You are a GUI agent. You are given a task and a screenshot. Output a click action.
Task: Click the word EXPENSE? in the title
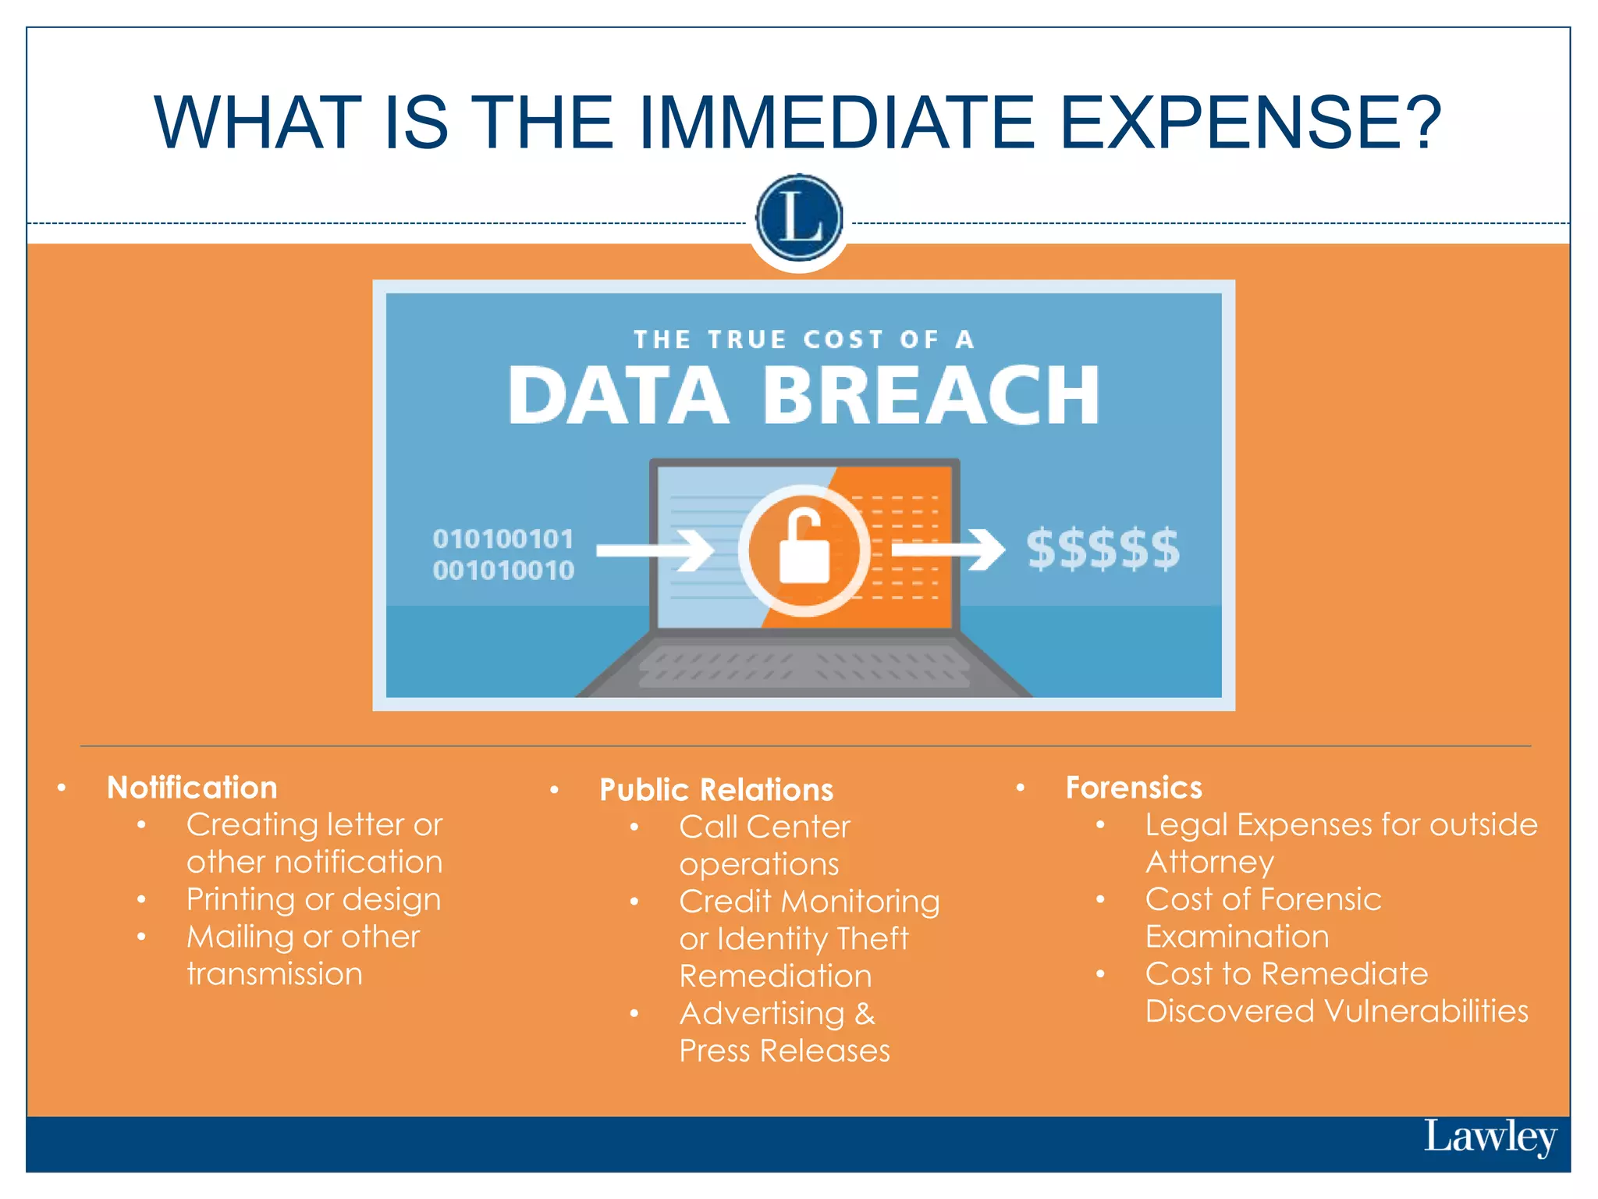(x=1251, y=123)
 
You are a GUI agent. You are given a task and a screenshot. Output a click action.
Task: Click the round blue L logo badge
(x=799, y=218)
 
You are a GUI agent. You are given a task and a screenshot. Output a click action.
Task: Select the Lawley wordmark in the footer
(x=1490, y=1137)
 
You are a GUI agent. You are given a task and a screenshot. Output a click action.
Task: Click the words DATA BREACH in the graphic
(x=804, y=396)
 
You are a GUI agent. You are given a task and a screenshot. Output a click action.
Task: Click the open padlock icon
(x=804, y=547)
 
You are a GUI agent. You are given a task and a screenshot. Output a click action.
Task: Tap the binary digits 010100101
(x=503, y=539)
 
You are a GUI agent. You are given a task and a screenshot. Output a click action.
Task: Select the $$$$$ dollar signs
(x=1103, y=549)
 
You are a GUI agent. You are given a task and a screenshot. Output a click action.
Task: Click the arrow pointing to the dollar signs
(x=948, y=550)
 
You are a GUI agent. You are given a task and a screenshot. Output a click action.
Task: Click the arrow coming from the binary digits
(x=655, y=550)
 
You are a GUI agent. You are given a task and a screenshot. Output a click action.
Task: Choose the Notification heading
(x=192, y=788)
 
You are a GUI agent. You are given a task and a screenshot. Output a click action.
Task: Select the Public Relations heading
(x=716, y=790)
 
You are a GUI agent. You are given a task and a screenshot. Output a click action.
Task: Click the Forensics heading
(x=1134, y=788)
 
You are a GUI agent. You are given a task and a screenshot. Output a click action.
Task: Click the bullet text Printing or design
(x=314, y=899)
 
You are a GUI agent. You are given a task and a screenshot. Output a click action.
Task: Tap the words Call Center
(x=764, y=827)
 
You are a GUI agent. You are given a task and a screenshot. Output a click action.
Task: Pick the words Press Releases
(x=784, y=1051)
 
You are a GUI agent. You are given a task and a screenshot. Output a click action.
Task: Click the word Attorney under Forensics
(x=1209, y=862)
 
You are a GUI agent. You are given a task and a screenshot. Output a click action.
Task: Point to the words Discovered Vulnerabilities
(x=1336, y=1011)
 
